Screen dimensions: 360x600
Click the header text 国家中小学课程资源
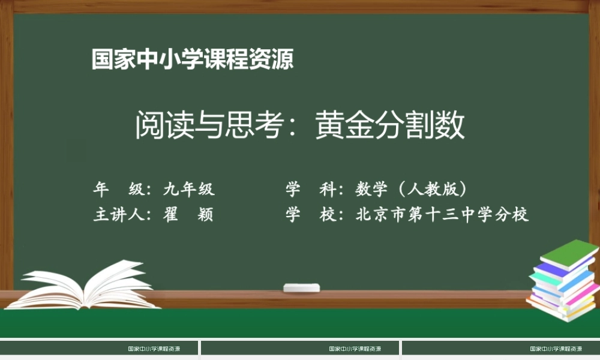point(193,60)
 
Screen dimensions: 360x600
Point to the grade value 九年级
point(189,190)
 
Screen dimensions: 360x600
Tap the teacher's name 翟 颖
point(188,215)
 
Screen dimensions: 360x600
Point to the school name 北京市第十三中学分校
point(442,215)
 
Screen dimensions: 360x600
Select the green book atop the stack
point(570,252)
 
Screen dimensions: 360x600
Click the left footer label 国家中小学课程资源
point(154,349)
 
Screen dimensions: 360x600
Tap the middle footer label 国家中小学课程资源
point(355,349)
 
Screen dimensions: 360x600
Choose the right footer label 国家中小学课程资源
point(556,349)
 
